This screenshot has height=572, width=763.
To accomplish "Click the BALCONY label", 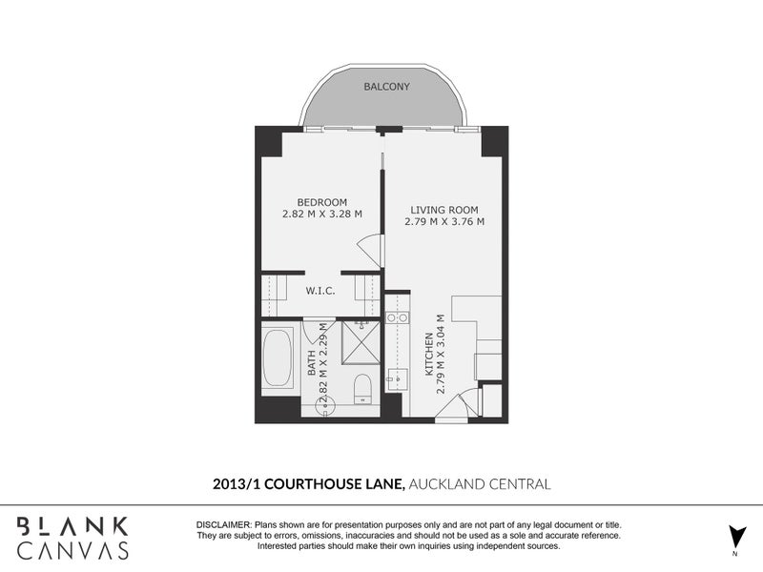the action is click(387, 87).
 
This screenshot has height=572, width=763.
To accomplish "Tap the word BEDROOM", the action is click(322, 202).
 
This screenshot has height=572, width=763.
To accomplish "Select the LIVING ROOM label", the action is click(444, 210).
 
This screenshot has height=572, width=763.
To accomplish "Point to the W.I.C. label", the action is click(320, 291).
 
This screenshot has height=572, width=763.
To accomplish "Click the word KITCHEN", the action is click(428, 354).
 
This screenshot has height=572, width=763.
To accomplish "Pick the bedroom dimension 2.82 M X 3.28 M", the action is click(322, 214).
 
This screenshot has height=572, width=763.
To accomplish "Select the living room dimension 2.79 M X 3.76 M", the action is click(444, 222).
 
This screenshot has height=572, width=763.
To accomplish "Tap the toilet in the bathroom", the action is click(362, 388).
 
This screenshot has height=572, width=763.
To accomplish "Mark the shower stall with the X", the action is click(361, 342).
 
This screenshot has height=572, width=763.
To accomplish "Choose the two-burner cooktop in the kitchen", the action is click(397, 317).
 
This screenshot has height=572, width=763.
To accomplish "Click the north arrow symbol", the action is click(736, 537).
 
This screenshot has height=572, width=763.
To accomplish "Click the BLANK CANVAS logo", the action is click(73, 538).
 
